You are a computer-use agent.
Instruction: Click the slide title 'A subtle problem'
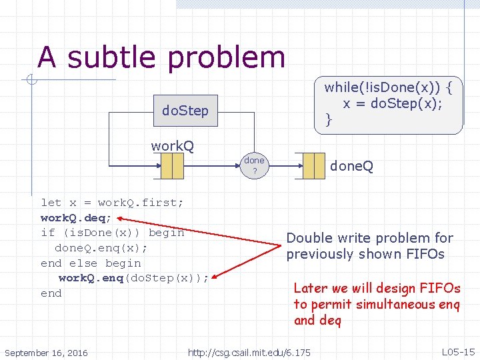[161, 57]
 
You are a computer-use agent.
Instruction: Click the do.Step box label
[185, 111]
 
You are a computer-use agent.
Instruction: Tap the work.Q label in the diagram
[172, 146]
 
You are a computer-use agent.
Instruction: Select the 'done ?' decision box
[254, 165]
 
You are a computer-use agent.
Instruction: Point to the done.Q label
[351, 165]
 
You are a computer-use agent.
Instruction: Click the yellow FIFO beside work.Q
[172, 166]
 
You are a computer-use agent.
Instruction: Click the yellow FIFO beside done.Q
[313, 165]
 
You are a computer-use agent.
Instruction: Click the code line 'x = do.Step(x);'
[393, 103]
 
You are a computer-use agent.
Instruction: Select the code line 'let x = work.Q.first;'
[112, 202]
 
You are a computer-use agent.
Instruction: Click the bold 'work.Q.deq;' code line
[77, 217]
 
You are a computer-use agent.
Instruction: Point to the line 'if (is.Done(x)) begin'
[112, 233]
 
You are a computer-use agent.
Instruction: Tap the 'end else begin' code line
[91, 263]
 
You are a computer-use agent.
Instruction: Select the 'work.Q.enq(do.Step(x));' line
[133, 278]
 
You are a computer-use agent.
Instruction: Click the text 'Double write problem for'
[369, 238]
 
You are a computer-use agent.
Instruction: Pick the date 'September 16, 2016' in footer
[45, 352]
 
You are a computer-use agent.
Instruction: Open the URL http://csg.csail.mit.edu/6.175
[249, 352]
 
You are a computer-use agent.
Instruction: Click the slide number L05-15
[458, 351]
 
